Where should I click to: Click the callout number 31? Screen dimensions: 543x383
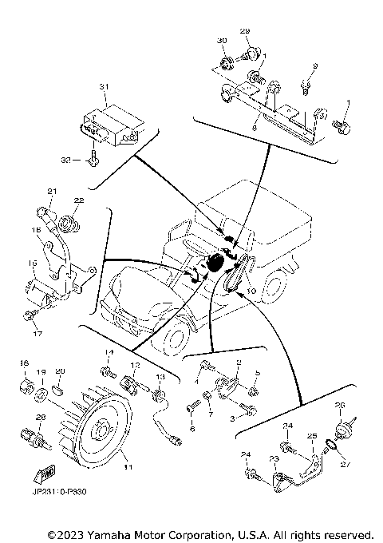tap(103, 86)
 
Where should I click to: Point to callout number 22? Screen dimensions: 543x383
tap(78, 200)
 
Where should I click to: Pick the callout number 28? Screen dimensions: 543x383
tap(39, 417)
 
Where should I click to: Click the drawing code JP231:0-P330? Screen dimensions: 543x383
tap(59, 493)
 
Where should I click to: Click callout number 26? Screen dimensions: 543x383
tap(341, 404)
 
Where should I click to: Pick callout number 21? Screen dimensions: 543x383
tap(52, 191)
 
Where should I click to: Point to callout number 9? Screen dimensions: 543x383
tap(314, 65)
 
